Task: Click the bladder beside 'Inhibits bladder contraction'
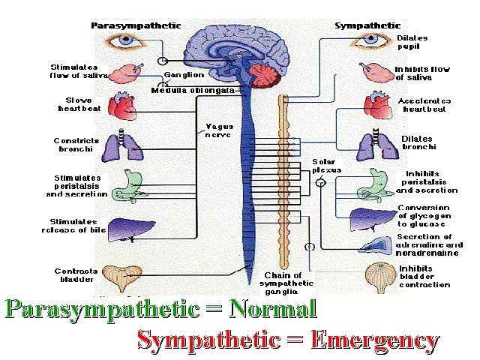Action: pos(379,277)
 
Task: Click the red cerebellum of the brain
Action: pos(267,76)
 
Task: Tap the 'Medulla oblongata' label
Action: pos(193,90)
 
